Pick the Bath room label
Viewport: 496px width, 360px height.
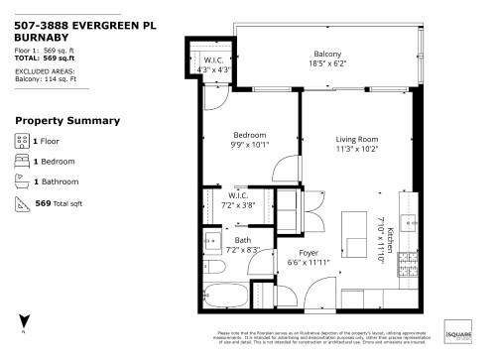click(x=243, y=241)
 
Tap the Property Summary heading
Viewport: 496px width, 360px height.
click(x=67, y=121)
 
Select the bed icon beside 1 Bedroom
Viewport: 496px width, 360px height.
click(x=22, y=161)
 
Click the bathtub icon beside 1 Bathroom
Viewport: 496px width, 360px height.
click(x=22, y=181)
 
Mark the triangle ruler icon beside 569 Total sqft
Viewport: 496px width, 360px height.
click(x=22, y=202)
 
